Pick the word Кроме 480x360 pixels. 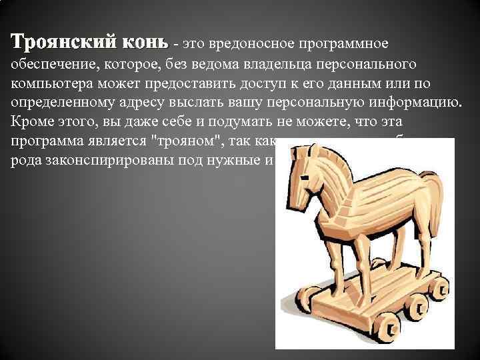(x=31, y=124)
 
